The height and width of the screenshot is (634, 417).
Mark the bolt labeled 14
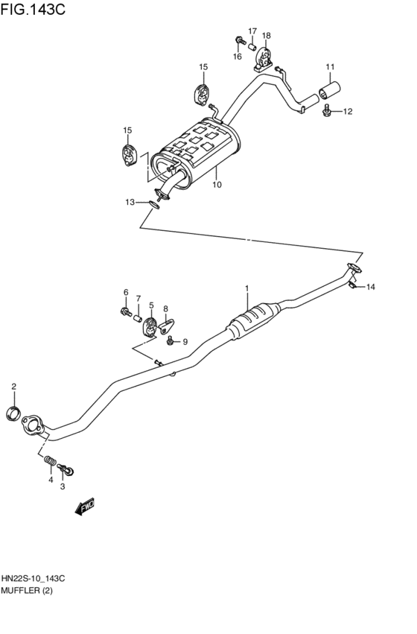tap(356, 286)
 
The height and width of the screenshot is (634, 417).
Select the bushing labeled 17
tap(252, 48)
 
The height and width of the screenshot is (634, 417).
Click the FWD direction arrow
tap(84, 507)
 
